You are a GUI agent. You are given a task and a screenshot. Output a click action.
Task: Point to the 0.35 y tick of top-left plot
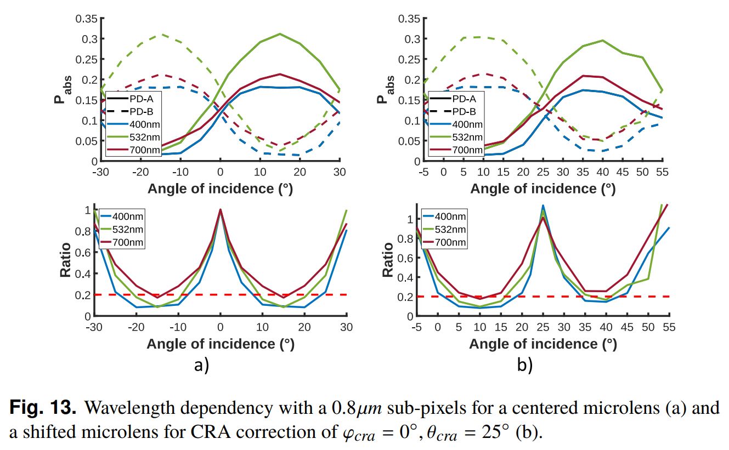[x=87, y=19]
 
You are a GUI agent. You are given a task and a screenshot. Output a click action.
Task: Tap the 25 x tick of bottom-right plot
[x=543, y=327]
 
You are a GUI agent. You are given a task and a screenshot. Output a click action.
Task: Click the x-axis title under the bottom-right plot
[x=543, y=344]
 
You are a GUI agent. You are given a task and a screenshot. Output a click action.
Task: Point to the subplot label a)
[x=202, y=365]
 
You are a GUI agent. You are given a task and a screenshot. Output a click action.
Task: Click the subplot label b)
[x=524, y=365]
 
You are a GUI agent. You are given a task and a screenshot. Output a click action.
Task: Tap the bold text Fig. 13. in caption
[x=43, y=408]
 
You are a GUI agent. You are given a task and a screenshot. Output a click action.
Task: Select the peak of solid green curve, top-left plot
[x=280, y=34]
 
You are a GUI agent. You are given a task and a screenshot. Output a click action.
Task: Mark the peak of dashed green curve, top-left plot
[x=160, y=34]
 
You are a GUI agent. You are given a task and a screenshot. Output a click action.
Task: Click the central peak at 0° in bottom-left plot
[x=221, y=210]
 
